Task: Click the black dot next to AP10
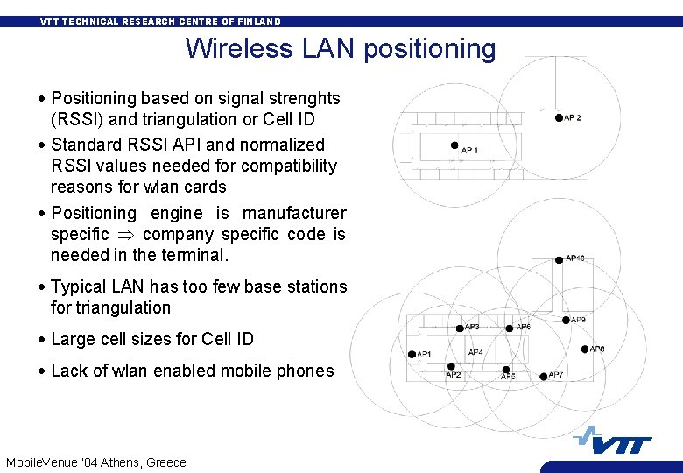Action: point(559,258)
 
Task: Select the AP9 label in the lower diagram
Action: point(579,320)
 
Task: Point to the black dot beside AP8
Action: point(585,349)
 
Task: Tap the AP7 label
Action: point(556,375)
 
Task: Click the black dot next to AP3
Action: point(460,328)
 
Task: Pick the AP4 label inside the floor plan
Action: point(475,352)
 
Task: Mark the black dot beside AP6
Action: point(510,328)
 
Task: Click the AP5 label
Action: point(508,376)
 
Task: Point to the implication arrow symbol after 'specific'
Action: point(126,235)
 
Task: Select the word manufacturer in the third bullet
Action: point(294,213)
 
